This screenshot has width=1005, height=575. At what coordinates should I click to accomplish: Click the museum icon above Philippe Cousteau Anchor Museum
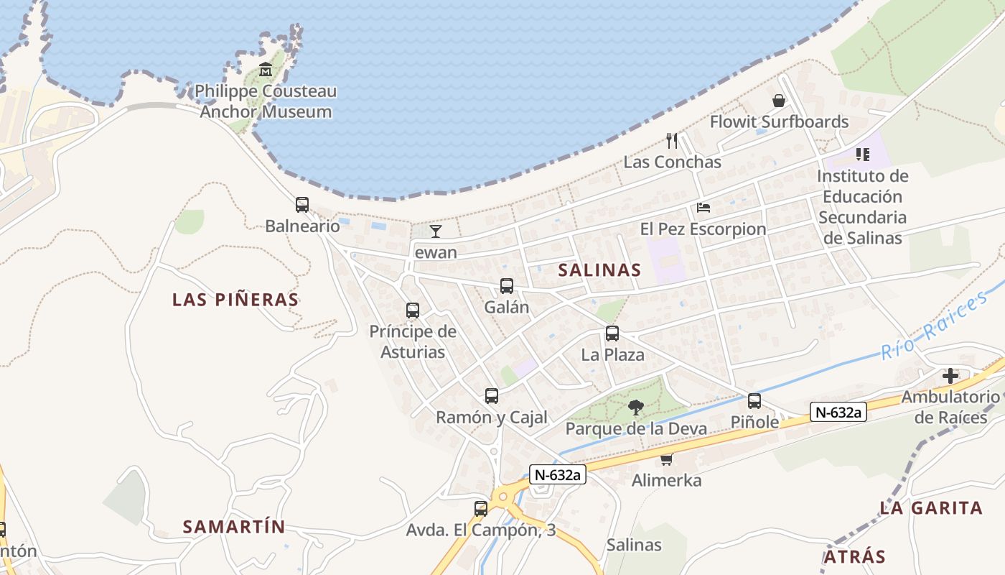(266, 70)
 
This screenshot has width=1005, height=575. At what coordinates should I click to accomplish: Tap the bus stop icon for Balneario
(302, 205)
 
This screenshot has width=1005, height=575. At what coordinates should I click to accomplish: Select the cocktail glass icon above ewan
(435, 231)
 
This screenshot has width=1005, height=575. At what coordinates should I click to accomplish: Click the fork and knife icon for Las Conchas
(672, 140)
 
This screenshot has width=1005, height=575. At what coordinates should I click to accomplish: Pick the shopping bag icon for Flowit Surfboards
(779, 101)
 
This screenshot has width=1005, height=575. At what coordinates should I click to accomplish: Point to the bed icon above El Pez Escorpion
(703, 208)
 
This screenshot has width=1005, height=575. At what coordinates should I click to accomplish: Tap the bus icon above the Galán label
(507, 286)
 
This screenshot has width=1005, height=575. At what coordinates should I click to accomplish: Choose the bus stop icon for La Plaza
(612, 333)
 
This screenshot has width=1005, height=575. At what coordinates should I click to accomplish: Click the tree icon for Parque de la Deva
(635, 408)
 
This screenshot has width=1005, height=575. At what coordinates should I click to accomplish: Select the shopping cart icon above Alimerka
(667, 459)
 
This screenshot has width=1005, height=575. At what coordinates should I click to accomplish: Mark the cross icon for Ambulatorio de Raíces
(950, 375)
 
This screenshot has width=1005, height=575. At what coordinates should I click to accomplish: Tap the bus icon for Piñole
(754, 401)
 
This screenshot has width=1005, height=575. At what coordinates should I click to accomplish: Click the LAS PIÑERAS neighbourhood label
(235, 300)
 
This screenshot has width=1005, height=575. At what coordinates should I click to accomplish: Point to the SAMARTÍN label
(234, 527)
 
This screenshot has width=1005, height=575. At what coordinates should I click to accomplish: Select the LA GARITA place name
(931, 508)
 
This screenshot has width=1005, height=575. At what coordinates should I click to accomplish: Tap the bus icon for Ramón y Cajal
(492, 396)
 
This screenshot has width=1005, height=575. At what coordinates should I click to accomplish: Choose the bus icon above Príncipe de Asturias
(413, 310)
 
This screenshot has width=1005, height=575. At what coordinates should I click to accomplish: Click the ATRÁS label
(854, 557)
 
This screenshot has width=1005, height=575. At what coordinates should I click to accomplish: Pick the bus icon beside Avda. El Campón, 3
(481, 509)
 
